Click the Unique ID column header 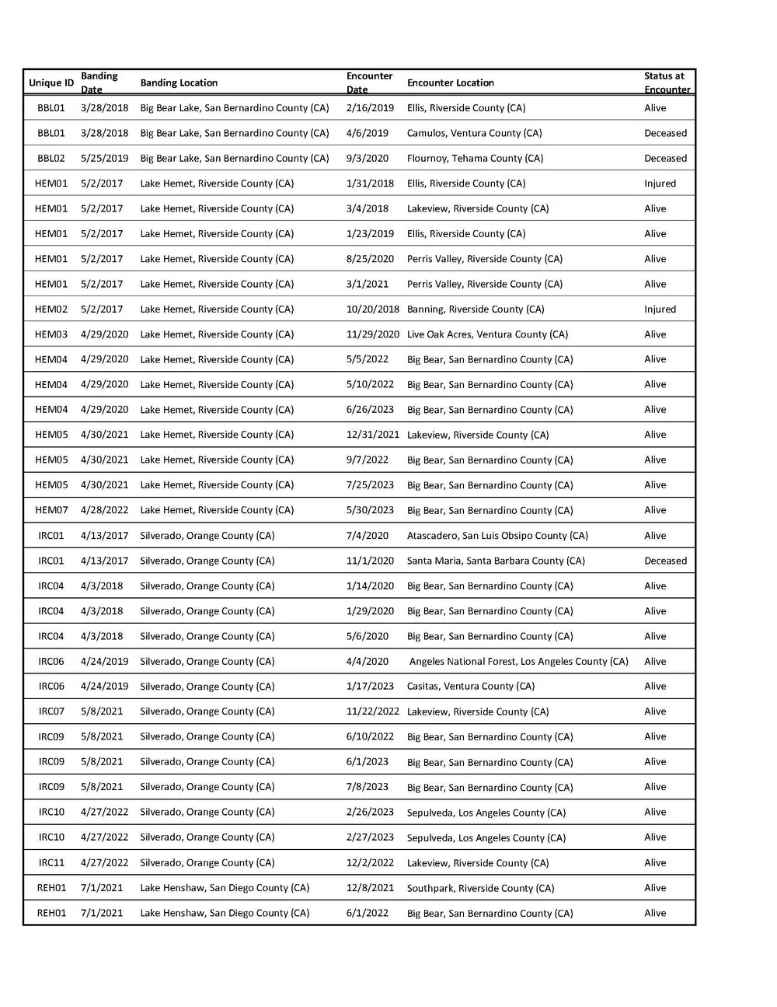(51, 83)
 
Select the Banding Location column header (179, 83)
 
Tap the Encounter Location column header (451, 83)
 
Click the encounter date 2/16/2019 (370, 108)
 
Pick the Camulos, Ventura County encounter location (475, 133)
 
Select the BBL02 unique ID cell (51, 159)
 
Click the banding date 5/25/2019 (104, 159)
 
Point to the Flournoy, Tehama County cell (476, 159)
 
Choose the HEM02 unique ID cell (51, 309)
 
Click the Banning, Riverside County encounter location (476, 309)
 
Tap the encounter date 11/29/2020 (373, 334)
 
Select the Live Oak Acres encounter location (487, 334)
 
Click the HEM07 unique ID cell (51, 510)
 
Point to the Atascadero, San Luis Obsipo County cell (497, 536)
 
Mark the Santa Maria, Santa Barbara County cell (496, 561)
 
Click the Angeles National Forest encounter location (519, 662)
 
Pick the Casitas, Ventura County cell (471, 687)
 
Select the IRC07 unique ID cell (51, 712)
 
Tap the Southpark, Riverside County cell (481, 888)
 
